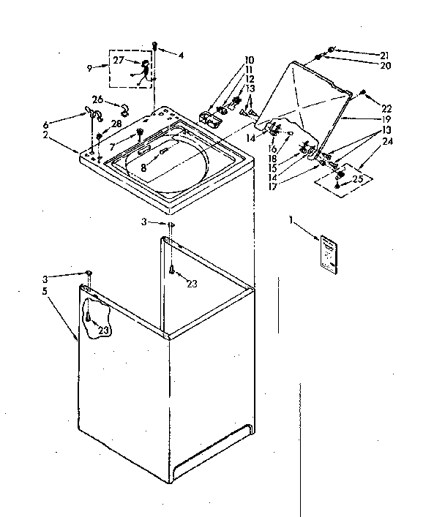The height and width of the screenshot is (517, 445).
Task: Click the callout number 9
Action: pos(89,67)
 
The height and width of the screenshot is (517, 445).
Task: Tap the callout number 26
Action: pos(97,99)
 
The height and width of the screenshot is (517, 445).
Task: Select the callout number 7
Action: pos(112,146)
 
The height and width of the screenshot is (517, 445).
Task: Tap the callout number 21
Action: pos(384,55)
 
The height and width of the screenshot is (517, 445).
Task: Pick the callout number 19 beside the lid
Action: pos(385,118)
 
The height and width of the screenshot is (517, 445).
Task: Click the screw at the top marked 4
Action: pos(155,45)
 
